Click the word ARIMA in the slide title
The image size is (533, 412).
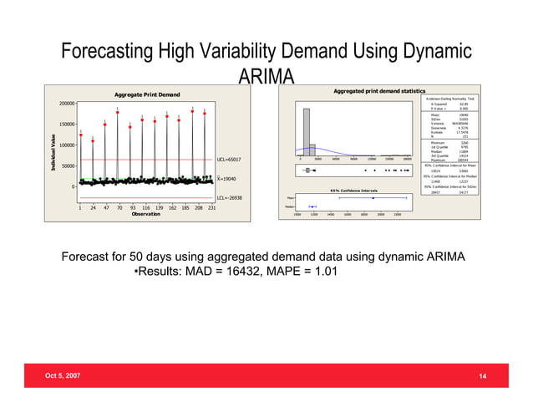point(266,78)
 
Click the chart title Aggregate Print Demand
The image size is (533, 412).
point(147,94)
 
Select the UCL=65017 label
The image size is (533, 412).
point(229,159)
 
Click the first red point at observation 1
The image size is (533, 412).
point(80,135)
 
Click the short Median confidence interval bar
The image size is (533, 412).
point(312,206)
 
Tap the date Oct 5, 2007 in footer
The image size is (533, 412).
point(63,377)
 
